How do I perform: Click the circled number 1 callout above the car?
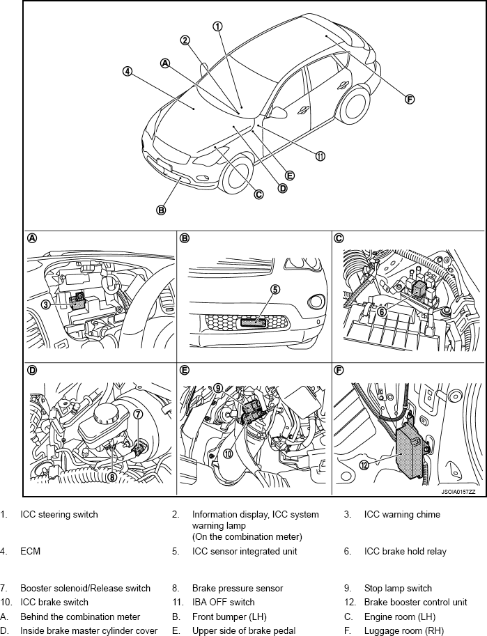click(217, 26)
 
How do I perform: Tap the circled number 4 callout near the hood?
click(127, 71)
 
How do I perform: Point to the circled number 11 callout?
click(320, 156)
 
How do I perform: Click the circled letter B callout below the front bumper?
click(161, 209)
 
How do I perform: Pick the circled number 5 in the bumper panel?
click(275, 289)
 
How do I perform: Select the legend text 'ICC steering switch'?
click(59, 515)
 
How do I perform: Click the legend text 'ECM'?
click(30, 552)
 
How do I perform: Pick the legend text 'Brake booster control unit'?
click(415, 602)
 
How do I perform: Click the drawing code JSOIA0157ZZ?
click(458, 492)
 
